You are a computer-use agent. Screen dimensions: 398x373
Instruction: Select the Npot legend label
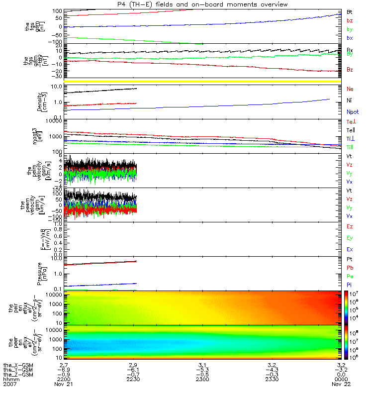point(352,113)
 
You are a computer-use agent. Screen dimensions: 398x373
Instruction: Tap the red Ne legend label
point(350,89)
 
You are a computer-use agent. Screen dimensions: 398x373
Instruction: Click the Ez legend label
point(350,226)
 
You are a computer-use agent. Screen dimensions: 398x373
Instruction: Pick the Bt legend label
point(350,11)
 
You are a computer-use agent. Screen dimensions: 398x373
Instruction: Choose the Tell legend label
point(350,130)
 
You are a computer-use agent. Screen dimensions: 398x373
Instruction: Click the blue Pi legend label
point(349,285)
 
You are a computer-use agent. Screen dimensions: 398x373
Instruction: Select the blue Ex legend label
point(350,249)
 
